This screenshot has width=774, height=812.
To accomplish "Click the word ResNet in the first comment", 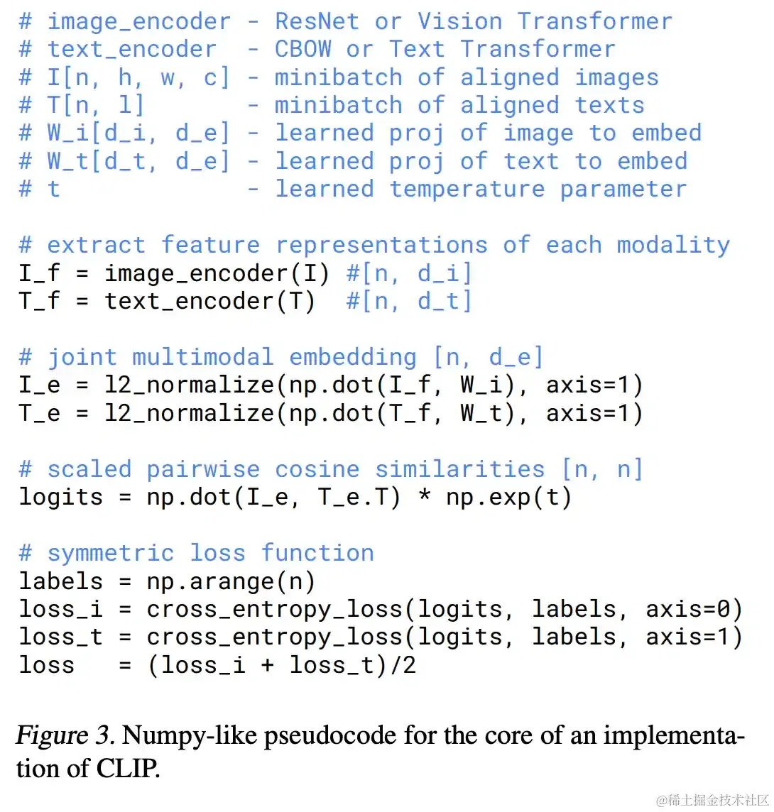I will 317,21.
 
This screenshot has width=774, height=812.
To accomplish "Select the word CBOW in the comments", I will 303,49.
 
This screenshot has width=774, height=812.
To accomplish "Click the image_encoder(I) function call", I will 217,273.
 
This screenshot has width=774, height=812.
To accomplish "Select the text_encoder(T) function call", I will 209,301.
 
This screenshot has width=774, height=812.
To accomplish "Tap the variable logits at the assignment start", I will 61,497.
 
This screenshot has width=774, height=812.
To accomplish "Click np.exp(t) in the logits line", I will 508,497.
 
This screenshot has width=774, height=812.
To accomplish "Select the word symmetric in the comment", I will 110,553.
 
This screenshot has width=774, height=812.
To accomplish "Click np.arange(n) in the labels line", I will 231,581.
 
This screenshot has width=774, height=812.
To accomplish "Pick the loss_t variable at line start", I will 61,637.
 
